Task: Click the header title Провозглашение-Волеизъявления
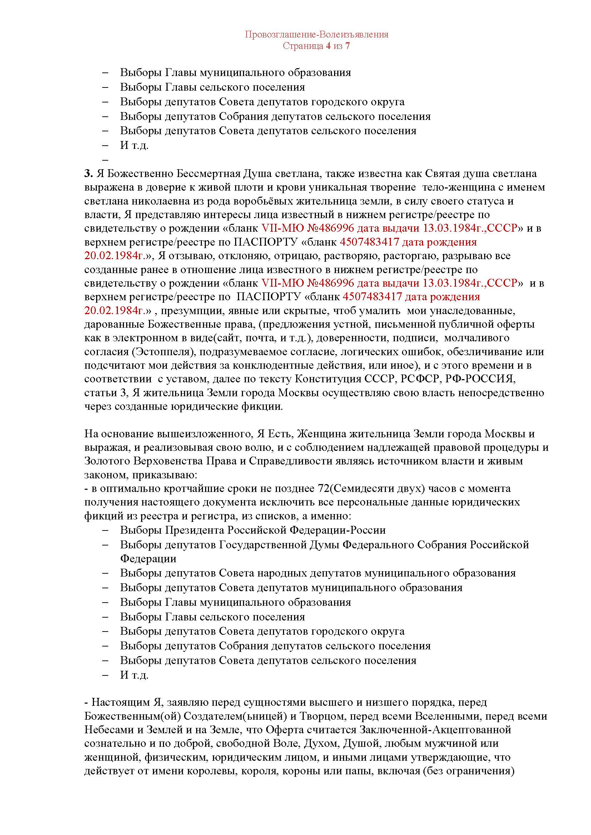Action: tap(316, 35)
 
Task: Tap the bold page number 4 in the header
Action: tap(328, 46)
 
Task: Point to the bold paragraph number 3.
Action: tap(88, 174)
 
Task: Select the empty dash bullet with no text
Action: tap(106, 160)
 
